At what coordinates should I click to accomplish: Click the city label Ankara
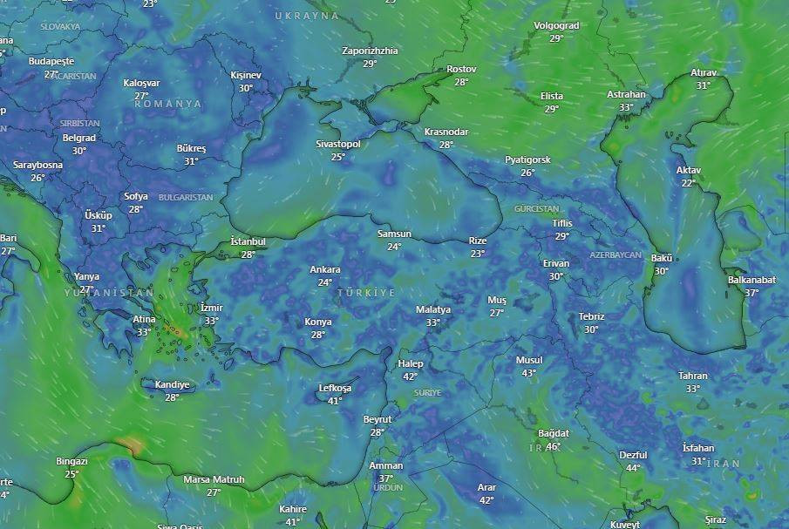(x=325, y=270)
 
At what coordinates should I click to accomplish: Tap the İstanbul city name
(x=248, y=241)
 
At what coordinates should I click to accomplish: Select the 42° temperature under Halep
(x=410, y=376)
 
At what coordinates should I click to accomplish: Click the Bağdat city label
(x=554, y=434)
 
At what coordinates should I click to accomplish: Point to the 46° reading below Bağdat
(x=553, y=447)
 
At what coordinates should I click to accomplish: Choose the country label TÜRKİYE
(x=366, y=293)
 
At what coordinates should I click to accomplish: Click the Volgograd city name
(x=556, y=26)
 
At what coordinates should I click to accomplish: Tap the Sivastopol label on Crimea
(x=337, y=144)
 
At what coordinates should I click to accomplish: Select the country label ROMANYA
(x=167, y=104)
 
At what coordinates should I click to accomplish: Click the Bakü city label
(x=662, y=259)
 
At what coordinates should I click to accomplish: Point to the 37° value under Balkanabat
(x=751, y=293)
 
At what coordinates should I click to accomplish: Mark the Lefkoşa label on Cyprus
(x=335, y=388)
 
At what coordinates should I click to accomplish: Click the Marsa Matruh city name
(x=214, y=480)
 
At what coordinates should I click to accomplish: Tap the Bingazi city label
(x=71, y=461)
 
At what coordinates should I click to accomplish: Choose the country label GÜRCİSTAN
(x=536, y=210)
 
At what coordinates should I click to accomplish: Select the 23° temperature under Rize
(x=477, y=254)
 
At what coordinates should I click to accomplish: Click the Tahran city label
(x=693, y=376)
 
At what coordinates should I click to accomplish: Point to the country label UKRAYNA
(x=306, y=17)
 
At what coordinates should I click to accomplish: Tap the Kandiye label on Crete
(x=172, y=384)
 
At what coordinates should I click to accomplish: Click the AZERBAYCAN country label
(x=616, y=255)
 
